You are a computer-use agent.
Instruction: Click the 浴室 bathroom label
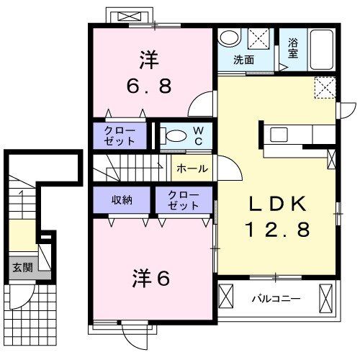[293, 48]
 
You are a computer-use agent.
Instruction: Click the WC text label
[198, 135]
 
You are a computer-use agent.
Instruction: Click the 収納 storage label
[121, 199]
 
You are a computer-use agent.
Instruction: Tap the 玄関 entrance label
[19, 267]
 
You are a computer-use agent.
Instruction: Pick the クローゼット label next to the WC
[119, 135]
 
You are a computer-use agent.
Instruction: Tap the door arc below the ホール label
[228, 173]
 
